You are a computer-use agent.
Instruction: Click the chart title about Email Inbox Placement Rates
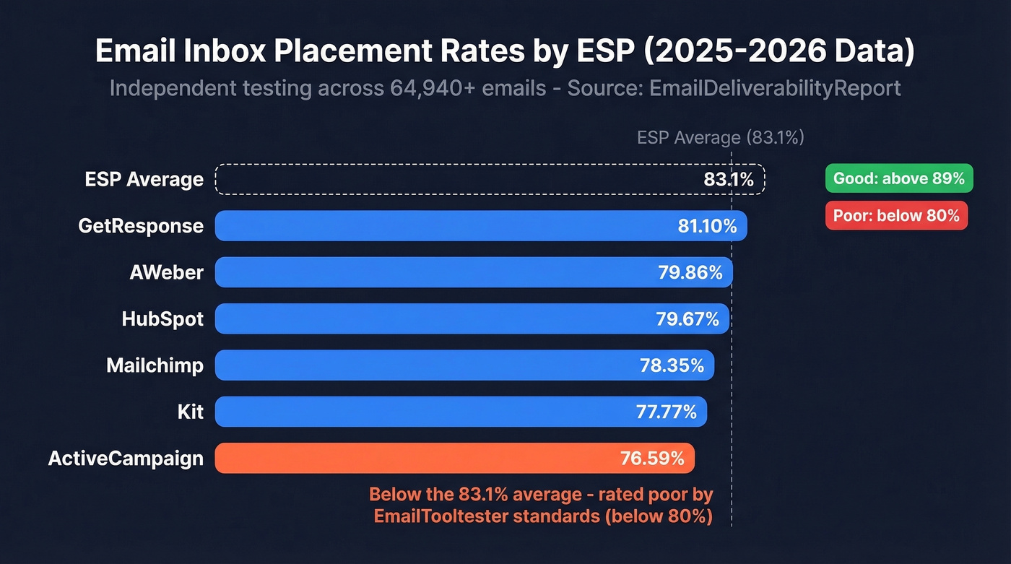tap(505, 53)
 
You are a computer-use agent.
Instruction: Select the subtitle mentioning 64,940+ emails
tap(505, 88)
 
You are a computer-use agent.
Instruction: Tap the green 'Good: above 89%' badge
tap(899, 178)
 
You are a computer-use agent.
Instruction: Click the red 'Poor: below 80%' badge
tap(896, 215)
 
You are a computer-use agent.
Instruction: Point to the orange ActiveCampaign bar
tap(454, 458)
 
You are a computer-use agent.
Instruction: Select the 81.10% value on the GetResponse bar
tap(707, 226)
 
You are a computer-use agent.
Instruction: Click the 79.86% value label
tap(690, 272)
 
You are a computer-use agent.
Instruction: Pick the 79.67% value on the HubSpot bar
tap(687, 318)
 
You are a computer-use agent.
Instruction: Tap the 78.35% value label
tap(672, 365)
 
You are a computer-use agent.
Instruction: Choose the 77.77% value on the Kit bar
tap(666, 412)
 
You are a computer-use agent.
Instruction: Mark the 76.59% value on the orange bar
tap(652, 458)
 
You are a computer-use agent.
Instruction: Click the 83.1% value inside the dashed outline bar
tap(729, 179)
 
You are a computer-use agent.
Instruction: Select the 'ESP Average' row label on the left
tap(144, 179)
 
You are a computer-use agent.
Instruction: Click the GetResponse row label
tap(141, 226)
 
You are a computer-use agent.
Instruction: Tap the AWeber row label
tap(166, 272)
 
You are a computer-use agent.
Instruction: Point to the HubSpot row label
tap(162, 318)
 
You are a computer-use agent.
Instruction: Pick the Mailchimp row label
tap(155, 365)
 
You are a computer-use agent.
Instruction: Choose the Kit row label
tap(190, 412)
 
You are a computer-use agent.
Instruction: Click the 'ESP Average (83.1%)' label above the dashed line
tap(720, 138)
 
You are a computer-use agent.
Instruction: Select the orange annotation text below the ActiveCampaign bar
tap(541, 505)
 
